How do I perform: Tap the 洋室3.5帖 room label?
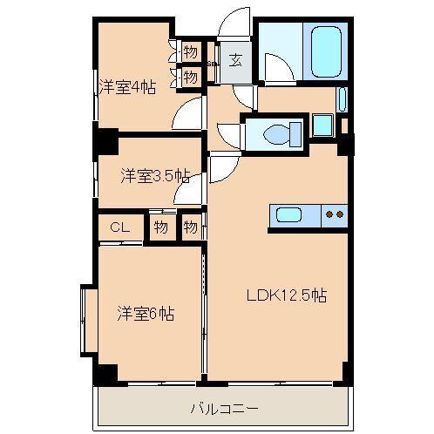coord(154,175)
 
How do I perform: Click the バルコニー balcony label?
coord(224,406)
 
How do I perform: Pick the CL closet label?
coord(119,227)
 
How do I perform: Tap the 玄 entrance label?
coord(235,60)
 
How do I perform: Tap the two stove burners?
coord(334,214)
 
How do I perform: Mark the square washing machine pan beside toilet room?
coord(322,125)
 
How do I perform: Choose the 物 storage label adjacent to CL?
coord(160,227)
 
